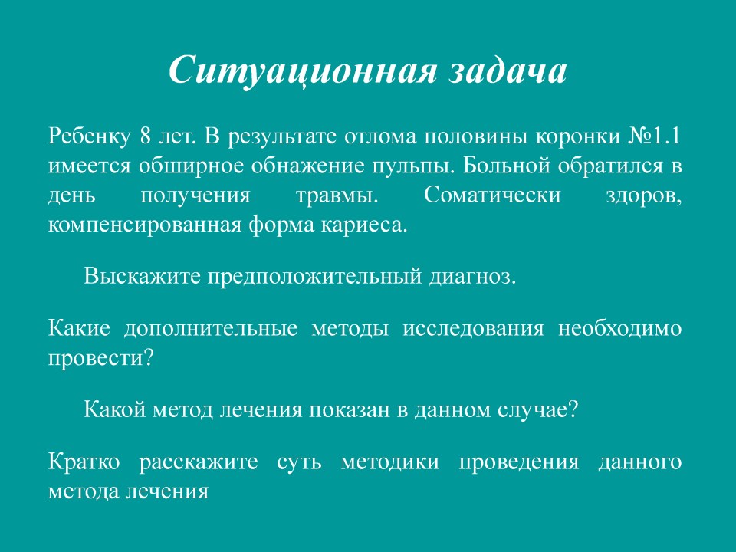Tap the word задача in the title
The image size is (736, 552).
tap(508, 71)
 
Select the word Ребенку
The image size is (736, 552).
tap(89, 136)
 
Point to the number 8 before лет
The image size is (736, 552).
tap(145, 136)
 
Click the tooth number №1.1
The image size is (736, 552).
tap(654, 136)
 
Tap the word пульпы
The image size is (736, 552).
tap(413, 167)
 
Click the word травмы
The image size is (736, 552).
tap(337, 196)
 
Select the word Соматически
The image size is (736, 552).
tap(492, 195)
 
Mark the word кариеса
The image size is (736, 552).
tap(364, 225)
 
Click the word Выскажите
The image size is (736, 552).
tap(143, 277)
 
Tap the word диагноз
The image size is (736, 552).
tap(473, 278)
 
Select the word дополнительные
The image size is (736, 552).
tap(211, 329)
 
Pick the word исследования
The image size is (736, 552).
tap(474, 329)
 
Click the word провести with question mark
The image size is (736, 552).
tap(101, 359)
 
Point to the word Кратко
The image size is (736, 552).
tap(84, 462)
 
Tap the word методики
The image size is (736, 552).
tap(390, 463)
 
